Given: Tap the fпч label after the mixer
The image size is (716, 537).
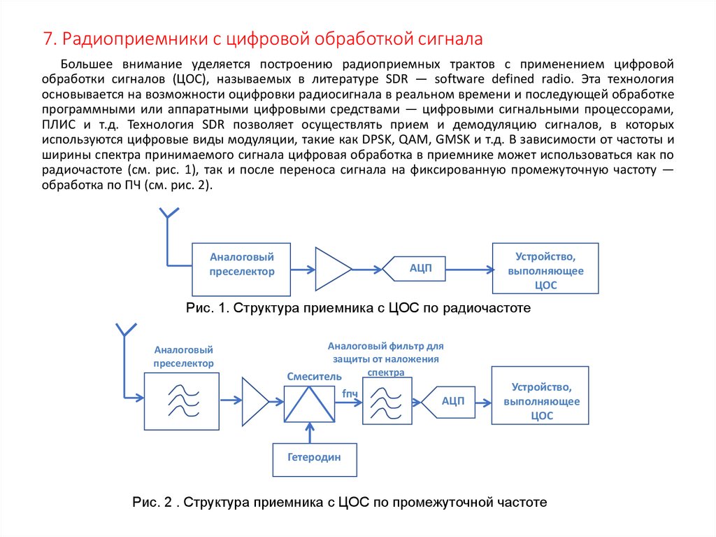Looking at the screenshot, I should click(350, 393).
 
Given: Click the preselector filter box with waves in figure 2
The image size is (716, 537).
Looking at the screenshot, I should click(183, 401).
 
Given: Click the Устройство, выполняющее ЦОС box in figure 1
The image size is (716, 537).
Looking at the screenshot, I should click(545, 268).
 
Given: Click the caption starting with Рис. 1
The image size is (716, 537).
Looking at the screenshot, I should click(359, 308).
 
